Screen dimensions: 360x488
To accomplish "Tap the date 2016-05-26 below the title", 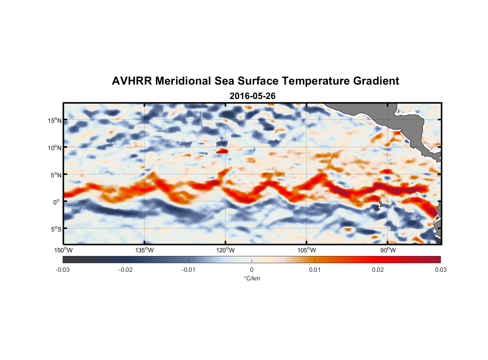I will pyautogui.click(x=252, y=96).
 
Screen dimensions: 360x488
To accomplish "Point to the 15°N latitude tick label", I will pyautogui.click(x=55, y=120).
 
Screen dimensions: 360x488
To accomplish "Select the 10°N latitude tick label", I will pyautogui.click(x=55, y=148).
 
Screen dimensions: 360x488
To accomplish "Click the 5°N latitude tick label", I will pyautogui.click(x=56, y=175).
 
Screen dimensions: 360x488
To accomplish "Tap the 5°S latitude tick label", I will pyautogui.click(x=56, y=229).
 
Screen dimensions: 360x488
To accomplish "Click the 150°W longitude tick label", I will pyautogui.click(x=64, y=250).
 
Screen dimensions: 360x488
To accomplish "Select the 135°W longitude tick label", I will pyautogui.click(x=145, y=250).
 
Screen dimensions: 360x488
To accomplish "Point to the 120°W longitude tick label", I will pyautogui.click(x=226, y=250).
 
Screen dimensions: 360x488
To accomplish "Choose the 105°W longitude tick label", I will pyautogui.click(x=307, y=250).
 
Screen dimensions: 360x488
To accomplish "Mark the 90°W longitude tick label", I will pyautogui.click(x=388, y=250).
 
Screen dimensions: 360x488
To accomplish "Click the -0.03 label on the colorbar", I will pyautogui.click(x=63, y=270).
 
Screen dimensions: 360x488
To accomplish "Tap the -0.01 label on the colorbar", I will pyautogui.click(x=189, y=270).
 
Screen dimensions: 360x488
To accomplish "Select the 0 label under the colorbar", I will pyautogui.click(x=252, y=270).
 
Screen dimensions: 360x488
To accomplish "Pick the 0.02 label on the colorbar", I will pyautogui.click(x=378, y=270).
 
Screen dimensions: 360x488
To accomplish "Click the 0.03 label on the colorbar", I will pyautogui.click(x=440, y=270).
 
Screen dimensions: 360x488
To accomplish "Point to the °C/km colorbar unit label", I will pyautogui.click(x=252, y=278).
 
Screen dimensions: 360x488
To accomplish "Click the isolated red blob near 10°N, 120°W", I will pyautogui.click(x=222, y=151).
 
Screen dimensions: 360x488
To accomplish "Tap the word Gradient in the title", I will pyautogui.click(x=376, y=81).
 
